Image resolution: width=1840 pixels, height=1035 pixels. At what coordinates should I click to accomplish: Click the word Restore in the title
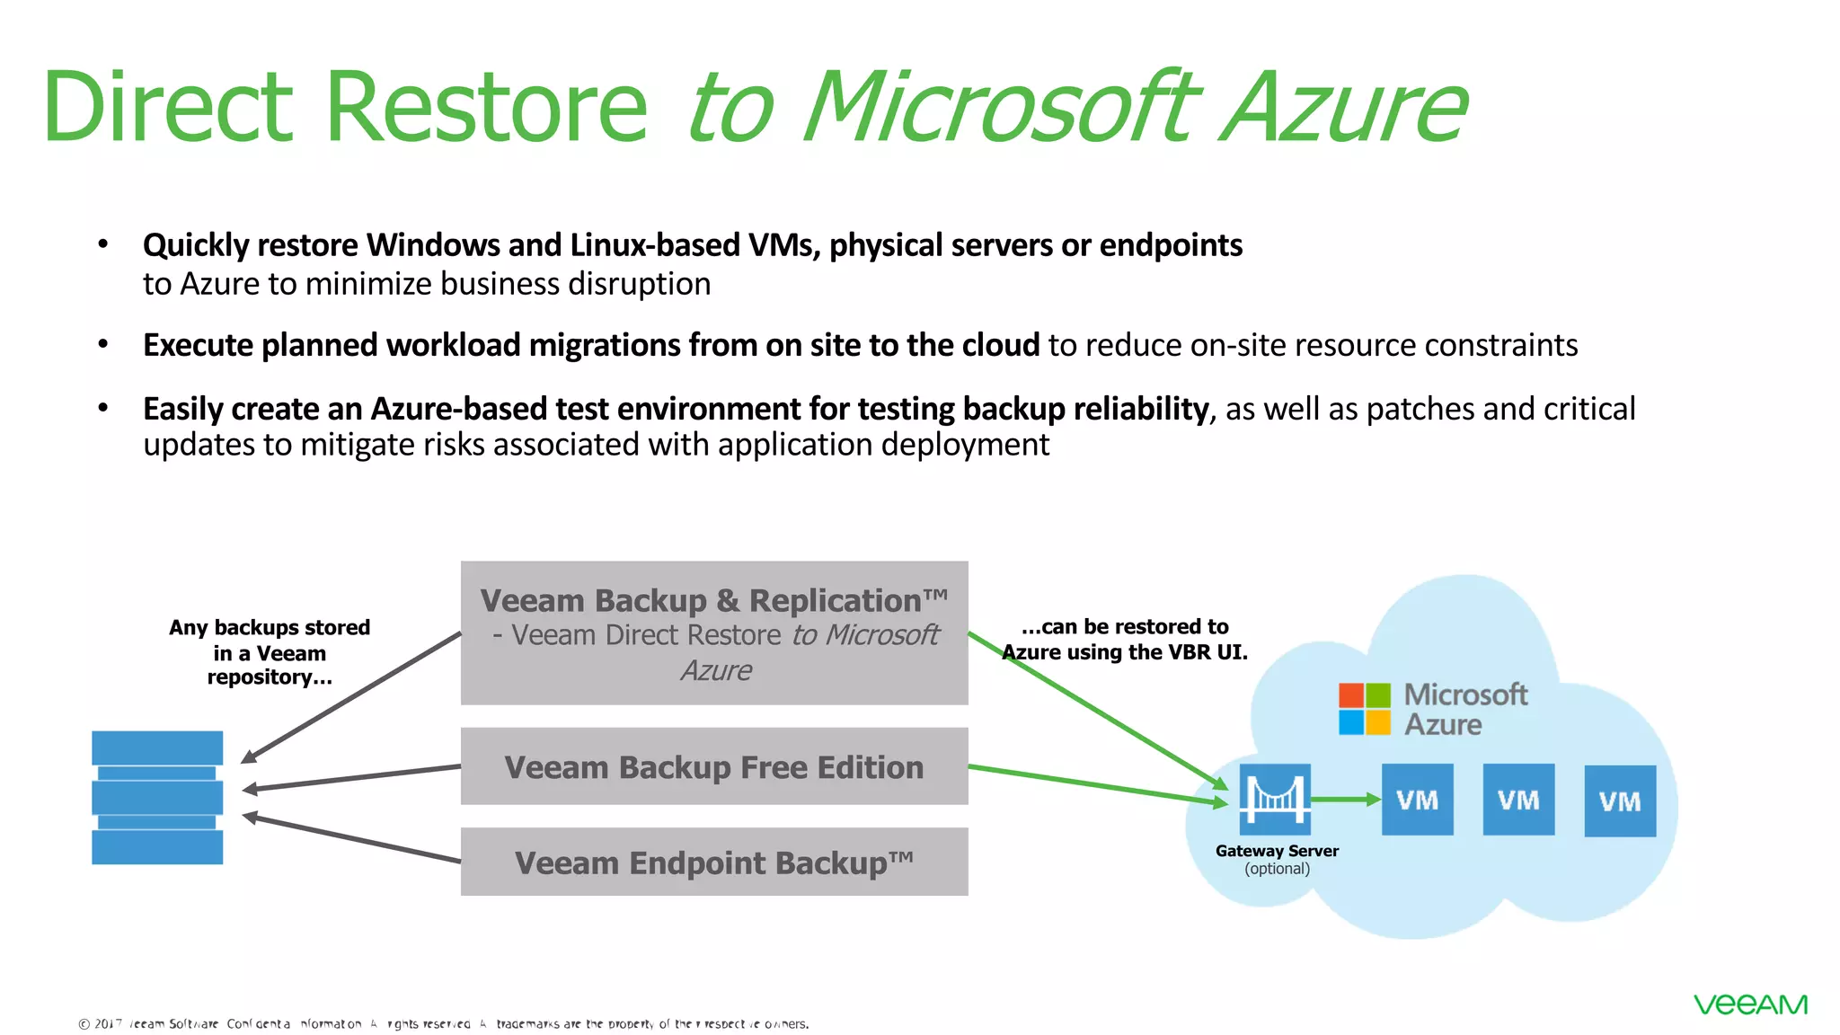point(485,108)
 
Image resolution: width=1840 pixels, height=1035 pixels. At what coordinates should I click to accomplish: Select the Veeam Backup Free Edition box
point(714,766)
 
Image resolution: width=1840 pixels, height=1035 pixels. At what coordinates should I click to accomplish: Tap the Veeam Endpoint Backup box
point(714,862)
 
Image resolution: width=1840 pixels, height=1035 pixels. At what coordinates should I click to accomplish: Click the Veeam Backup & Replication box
point(714,632)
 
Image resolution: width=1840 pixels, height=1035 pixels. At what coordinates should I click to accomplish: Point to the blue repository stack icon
point(157,797)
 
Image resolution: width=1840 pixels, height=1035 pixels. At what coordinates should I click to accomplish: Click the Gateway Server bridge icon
point(1275,799)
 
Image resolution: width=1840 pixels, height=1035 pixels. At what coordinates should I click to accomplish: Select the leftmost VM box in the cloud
point(1417,800)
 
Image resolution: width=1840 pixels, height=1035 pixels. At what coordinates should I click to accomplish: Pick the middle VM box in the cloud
point(1518,800)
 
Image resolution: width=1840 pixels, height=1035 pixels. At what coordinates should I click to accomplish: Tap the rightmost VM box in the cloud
point(1620,801)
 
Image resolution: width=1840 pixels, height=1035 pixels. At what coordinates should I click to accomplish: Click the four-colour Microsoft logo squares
point(1364,709)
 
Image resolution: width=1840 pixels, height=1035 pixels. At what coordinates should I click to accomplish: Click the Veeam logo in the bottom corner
point(1750,1004)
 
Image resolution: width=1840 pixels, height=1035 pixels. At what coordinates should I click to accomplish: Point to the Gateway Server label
point(1277,851)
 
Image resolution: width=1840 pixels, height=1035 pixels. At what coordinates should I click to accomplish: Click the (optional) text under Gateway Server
point(1277,869)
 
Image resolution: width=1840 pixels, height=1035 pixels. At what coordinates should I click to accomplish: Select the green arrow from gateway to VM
point(1345,799)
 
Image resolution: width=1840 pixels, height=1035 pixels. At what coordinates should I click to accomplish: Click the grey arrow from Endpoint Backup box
point(350,839)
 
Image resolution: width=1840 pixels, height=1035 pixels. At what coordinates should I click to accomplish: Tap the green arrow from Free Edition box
point(1096,783)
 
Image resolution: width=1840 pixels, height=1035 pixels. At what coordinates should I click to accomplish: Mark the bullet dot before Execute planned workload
point(103,344)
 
